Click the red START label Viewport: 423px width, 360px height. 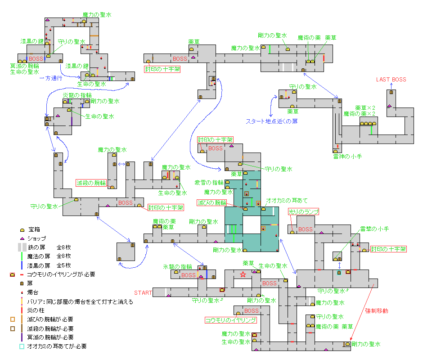tap(143, 293)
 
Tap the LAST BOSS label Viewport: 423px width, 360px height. tap(391, 80)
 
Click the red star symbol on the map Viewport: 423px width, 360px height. tap(243, 274)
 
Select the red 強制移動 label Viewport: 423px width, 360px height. tap(377, 311)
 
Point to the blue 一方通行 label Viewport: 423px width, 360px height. tap(51, 78)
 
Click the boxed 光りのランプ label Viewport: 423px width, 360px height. tap(303, 212)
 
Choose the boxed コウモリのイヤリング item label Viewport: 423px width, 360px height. tap(231, 320)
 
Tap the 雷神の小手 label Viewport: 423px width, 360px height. tap(347, 157)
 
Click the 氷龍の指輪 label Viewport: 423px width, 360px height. tap(177, 267)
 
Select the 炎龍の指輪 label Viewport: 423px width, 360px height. tap(77, 95)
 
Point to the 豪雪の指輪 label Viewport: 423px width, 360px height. tap(209, 183)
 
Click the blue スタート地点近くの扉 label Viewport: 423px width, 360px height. tap(272, 121)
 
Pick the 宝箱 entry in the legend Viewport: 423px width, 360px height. tap(34, 229)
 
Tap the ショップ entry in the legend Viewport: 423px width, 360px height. tap(37, 238)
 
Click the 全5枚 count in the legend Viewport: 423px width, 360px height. tap(63, 265)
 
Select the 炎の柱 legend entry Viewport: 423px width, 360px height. tap(36, 310)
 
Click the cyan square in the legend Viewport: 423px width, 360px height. tap(22, 346)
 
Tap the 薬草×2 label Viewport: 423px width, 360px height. tap(365, 108)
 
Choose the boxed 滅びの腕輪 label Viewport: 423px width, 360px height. tap(212, 203)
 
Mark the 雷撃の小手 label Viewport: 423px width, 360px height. tap(374, 229)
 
